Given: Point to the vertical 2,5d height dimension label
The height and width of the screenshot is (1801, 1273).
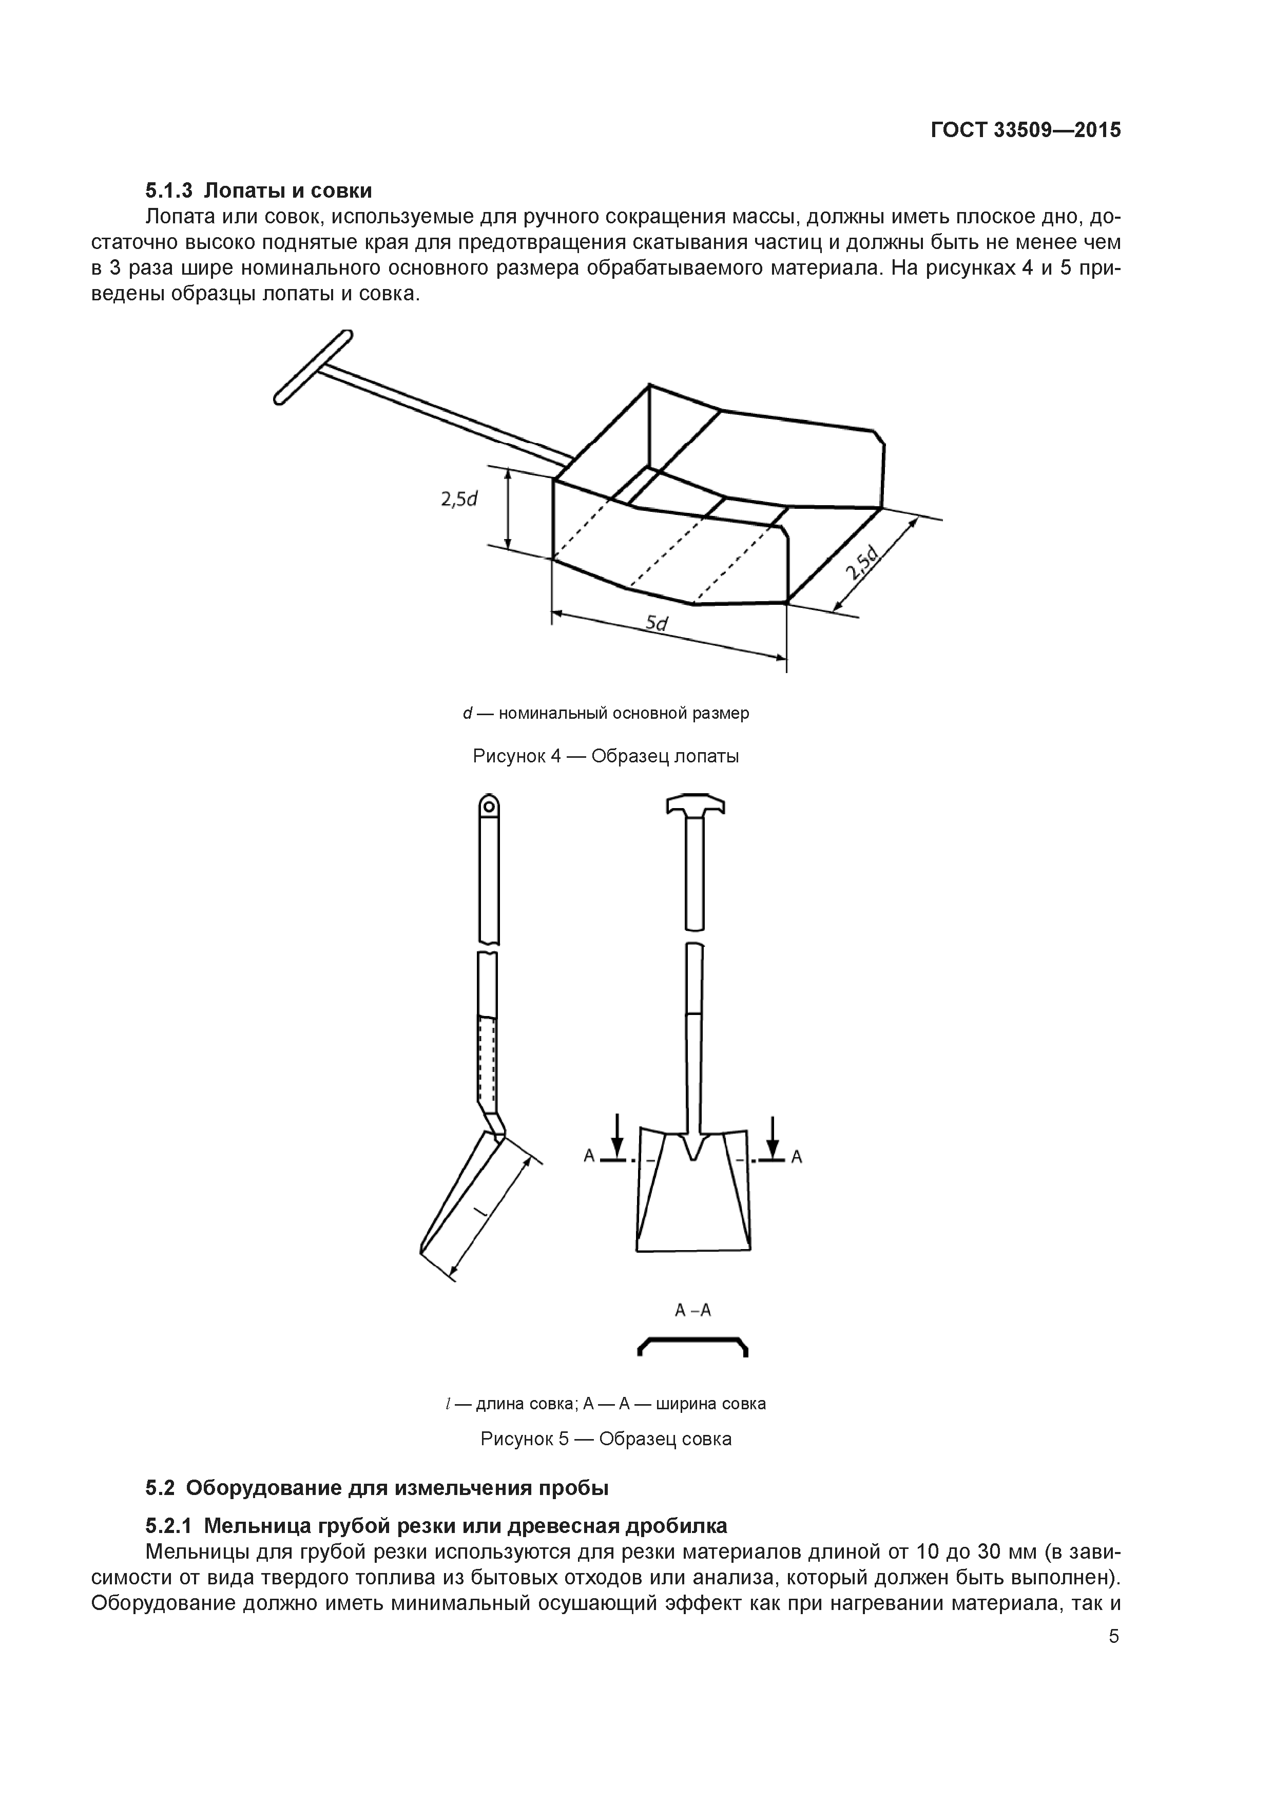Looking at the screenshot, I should pos(459,499).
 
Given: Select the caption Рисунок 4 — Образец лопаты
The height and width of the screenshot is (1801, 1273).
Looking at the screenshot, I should pos(606,756).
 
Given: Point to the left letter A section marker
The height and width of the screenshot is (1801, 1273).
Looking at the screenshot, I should pos(588,1156).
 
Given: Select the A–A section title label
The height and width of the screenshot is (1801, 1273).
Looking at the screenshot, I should pos(692,1311).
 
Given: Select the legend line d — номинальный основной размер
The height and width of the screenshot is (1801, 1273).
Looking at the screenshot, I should pos(606,713).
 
